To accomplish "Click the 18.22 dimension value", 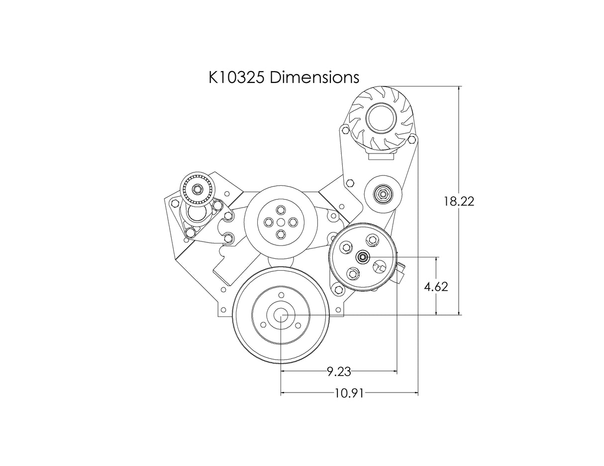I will [x=459, y=201].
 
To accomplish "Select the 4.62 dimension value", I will [x=436, y=287].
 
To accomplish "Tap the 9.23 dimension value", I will [x=339, y=371].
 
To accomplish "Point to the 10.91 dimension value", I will [x=349, y=393].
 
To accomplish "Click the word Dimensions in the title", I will [x=314, y=78].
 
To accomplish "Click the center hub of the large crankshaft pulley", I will [x=281, y=315].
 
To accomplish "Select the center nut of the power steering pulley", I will [x=363, y=257].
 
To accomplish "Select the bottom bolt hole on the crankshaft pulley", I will [x=281, y=337].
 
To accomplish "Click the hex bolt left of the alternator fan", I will [x=344, y=130].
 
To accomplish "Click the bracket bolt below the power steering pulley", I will [x=338, y=289].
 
